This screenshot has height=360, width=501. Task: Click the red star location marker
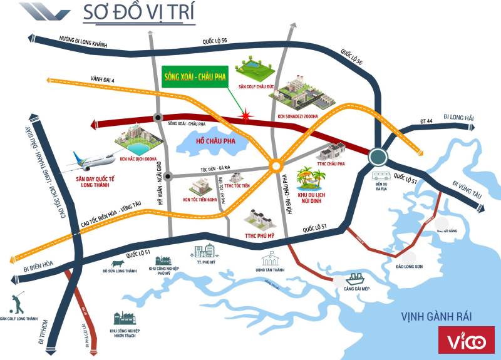[x=247, y=116]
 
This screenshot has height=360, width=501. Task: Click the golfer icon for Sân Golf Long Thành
[x=18, y=302]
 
